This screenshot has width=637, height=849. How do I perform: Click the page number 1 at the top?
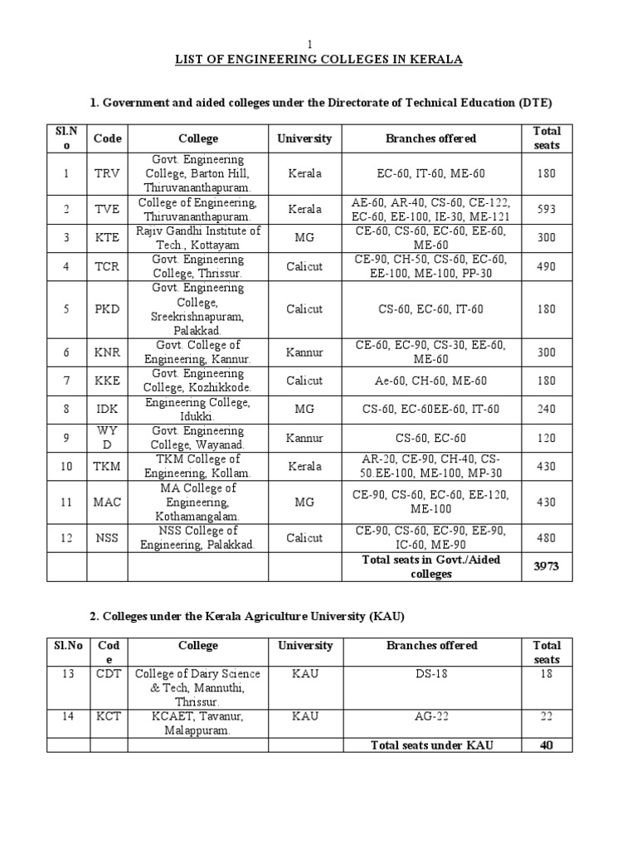pyautogui.click(x=311, y=44)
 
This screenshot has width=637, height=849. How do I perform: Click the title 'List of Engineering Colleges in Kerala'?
pyautogui.click(x=318, y=60)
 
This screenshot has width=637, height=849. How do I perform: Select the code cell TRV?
pyautogui.click(x=107, y=174)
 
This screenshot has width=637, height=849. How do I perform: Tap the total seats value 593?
pyautogui.click(x=546, y=210)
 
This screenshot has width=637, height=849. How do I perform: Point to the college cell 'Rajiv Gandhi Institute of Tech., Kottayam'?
pyautogui.click(x=198, y=237)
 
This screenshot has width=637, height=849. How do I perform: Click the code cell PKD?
pyautogui.click(x=107, y=309)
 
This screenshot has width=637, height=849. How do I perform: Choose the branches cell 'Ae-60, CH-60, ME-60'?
pyautogui.click(x=430, y=381)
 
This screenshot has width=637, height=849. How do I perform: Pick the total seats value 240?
pyautogui.click(x=546, y=409)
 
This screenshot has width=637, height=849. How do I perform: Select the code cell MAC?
pyautogui.click(x=107, y=502)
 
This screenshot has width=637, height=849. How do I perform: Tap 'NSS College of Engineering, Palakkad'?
pyautogui.click(x=198, y=537)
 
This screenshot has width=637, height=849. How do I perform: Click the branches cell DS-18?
pyautogui.click(x=431, y=674)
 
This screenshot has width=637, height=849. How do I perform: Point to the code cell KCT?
pyautogui.click(x=109, y=716)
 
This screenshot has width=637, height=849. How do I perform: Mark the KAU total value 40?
pyautogui.click(x=546, y=745)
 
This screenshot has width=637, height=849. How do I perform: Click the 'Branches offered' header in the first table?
pyautogui.click(x=430, y=138)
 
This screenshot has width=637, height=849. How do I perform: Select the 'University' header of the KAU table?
pyautogui.click(x=304, y=645)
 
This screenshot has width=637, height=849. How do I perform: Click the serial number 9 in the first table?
pyautogui.click(x=66, y=438)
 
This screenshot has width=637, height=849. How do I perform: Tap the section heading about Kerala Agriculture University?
pyautogui.click(x=247, y=617)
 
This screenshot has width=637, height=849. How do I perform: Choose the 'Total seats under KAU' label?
pyautogui.click(x=431, y=745)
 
